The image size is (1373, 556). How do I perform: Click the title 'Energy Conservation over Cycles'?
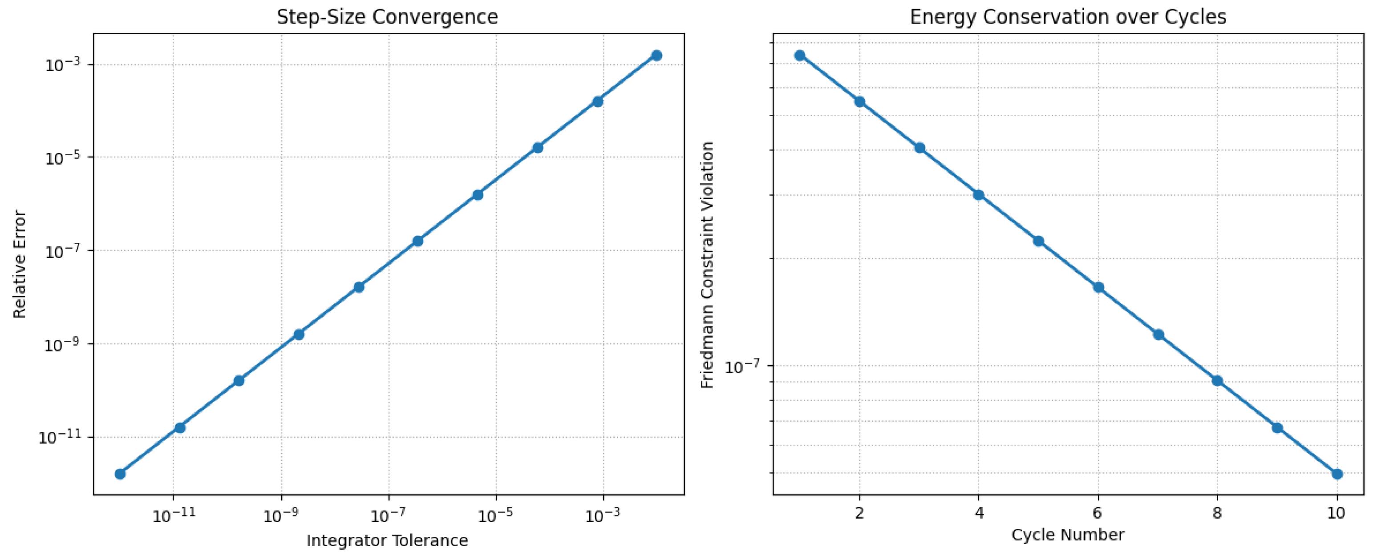[1068, 17]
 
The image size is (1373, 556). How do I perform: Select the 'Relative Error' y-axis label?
[20, 264]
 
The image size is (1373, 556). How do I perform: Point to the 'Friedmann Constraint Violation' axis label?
[707, 265]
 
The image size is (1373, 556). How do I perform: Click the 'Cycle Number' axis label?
[1068, 535]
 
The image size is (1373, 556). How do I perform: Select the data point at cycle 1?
[799, 56]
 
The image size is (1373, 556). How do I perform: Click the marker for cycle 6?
[1098, 288]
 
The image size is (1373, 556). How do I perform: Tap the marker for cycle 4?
[979, 195]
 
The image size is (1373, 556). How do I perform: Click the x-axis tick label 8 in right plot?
[1217, 513]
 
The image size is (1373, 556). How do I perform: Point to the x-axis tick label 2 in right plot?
[859, 513]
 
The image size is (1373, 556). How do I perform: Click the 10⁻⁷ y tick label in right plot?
[742, 367]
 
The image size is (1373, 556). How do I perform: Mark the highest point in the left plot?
[656, 56]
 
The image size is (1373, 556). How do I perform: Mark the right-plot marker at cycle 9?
[1277, 427]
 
